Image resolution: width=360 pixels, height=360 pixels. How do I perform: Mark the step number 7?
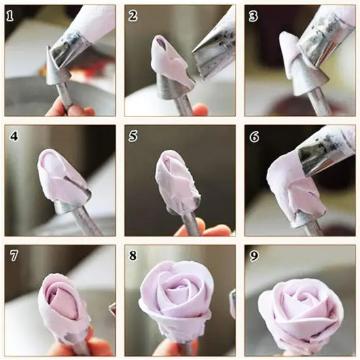pyautogui.click(x=12, y=256)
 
